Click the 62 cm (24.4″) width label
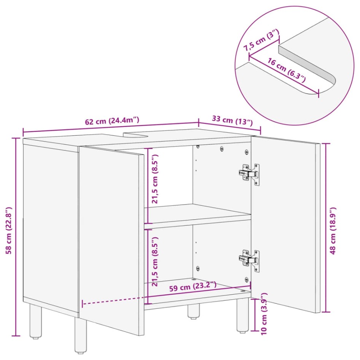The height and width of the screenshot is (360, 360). click(x=112, y=121)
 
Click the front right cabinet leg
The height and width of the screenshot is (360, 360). click(x=243, y=315)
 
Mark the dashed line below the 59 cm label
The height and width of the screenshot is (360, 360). click(x=114, y=299)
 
